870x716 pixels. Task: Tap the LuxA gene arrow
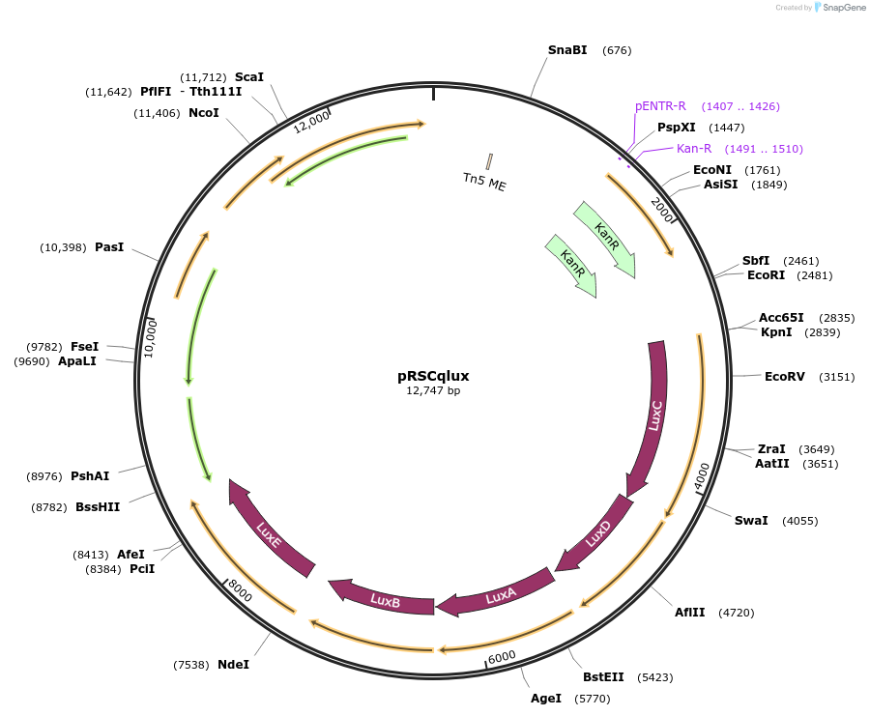pos(500,596)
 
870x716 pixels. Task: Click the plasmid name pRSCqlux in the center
pos(433,376)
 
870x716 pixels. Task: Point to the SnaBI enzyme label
pos(566,49)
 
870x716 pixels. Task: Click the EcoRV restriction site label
pos(784,377)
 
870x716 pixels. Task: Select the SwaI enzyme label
pos(751,521)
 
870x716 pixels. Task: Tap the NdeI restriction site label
pos(233,665)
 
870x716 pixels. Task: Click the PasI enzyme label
pos(109,247)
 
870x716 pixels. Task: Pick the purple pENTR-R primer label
pos(660,106)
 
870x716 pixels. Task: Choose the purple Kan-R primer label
pos(694,149)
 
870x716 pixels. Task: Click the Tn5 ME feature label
pos(484,181)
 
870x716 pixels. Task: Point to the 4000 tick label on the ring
pos(702,476)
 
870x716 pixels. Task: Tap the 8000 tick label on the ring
pos(238,590)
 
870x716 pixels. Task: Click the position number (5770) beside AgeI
pos(592,699)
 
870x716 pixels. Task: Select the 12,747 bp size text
pos(433,391)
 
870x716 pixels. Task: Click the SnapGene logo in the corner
pos(839,8)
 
